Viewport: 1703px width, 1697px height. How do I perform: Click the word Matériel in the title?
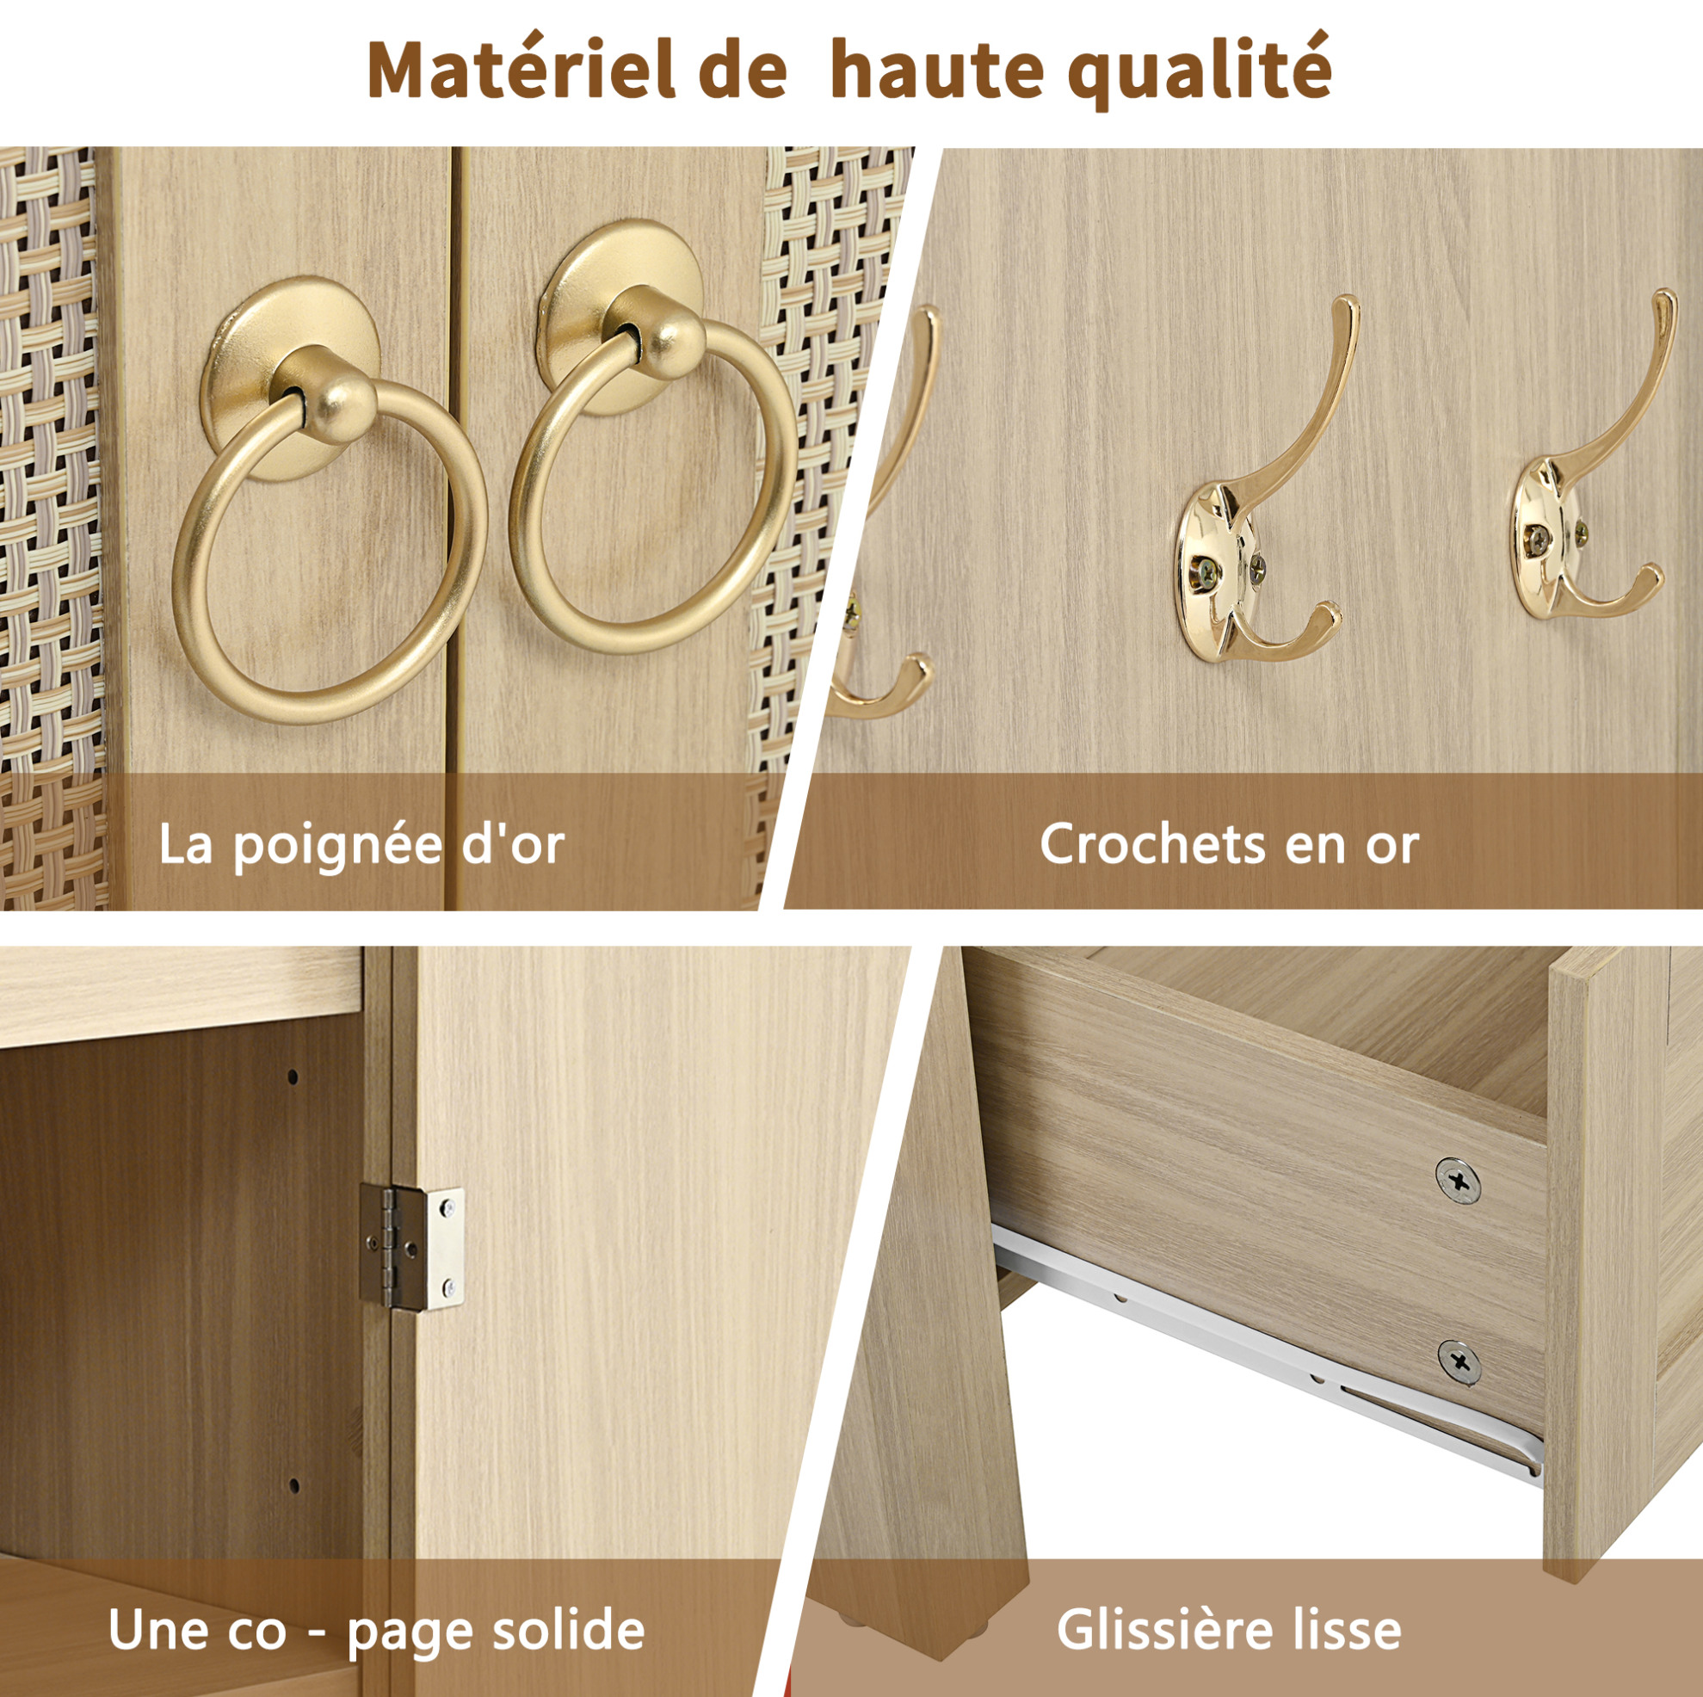(x=521, y=71)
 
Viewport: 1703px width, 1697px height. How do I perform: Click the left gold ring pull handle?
(x=330, y=548)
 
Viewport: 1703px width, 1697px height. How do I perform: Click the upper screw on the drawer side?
(x=1457, y=1181)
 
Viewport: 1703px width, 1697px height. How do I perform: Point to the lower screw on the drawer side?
(x=1459, y=1363)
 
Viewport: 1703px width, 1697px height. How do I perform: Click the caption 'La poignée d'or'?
(x=361, y=843)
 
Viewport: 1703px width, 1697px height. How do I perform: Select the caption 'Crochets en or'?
(x=1229, y=844)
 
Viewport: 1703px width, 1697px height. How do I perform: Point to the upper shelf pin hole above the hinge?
(x=293, y=1077)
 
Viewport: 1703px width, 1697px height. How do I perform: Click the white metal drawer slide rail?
(x=1269, y=1348)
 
